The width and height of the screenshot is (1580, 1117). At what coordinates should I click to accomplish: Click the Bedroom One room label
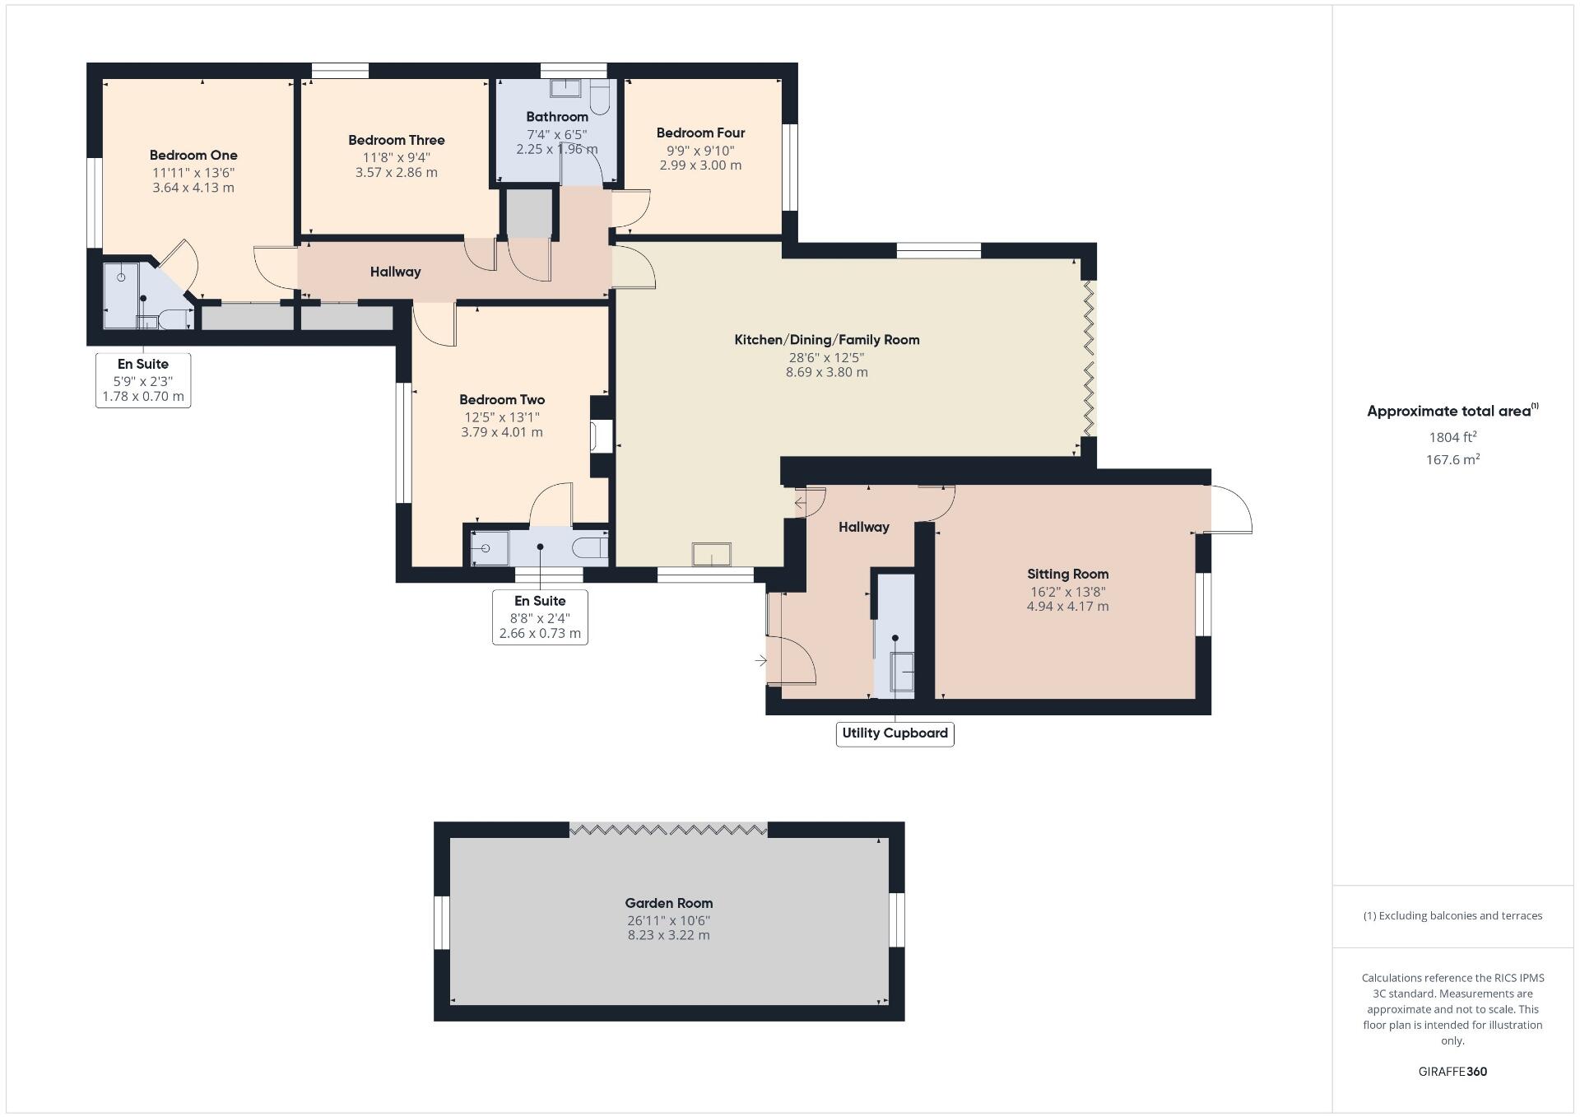pyautogui.click(x=193, y=155)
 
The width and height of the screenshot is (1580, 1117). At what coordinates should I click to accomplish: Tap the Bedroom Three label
pyautogui.click(x=396, y=140)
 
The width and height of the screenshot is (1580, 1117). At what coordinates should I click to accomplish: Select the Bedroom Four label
pyautogui.click(x=700, y=133)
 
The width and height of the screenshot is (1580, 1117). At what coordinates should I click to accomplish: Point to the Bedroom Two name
pyautogui.click(x=502, y=399)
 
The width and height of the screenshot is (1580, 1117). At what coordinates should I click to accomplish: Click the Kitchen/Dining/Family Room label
pyautogui.click(x=827, y=339)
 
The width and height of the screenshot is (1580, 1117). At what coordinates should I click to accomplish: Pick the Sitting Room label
pyautogui.click(x=1067, y=574)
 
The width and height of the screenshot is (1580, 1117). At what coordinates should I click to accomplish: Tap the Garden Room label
pyautogui.click(x=669, y=903)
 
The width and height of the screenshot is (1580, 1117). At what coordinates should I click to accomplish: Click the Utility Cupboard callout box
pyautogui.click(x=895, y=733)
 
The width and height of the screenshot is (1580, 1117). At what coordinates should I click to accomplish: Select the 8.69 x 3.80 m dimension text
pyautogui.click(x=827, y=372)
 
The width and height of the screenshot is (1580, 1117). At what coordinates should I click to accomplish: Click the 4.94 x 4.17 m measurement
pyautogui.click(x=1067, y=607)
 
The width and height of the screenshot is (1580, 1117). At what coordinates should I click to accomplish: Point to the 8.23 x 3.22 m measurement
pyautogui.click(x=669, y=935)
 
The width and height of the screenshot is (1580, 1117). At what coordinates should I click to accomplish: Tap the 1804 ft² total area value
pyautogui.click(x=1452, y=437)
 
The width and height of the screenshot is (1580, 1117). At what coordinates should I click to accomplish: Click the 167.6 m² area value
pyautogui.click(x=1452, y=459)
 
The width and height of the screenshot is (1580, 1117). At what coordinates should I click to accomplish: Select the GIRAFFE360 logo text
pyautogui.click(x=1452, y=1072)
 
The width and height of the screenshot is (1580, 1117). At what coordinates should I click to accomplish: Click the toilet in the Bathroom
pyautogui.click(x=599, y=97)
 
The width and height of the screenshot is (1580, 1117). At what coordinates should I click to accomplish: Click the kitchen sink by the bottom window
pyautogui.click(x=712, y=554)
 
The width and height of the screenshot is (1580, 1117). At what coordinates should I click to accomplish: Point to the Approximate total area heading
pyautogui.click(x=1452, y=411)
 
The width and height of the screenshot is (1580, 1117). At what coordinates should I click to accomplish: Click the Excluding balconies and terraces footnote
pyautogui.click(x=1452, y=915)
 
